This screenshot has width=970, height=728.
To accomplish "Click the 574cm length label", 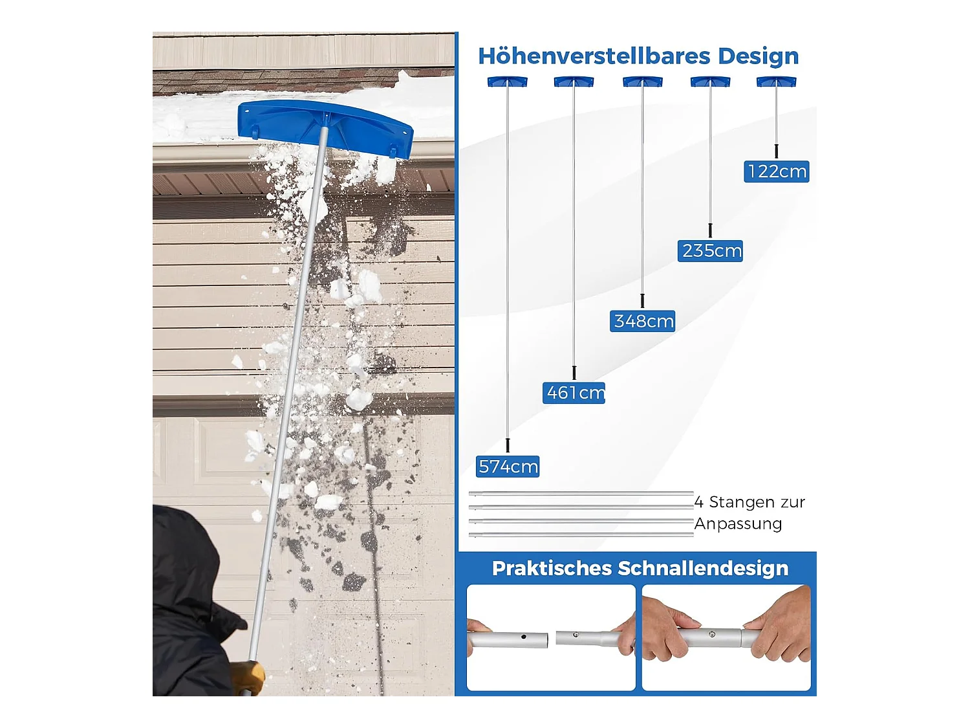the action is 508,467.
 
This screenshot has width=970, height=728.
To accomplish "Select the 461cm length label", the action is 574,393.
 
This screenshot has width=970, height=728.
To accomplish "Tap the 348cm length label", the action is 642,321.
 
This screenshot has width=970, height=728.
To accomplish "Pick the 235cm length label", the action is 710,251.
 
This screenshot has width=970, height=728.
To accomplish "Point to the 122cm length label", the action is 777,171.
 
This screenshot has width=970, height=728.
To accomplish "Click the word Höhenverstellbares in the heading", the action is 594,56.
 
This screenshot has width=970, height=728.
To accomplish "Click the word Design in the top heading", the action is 759,57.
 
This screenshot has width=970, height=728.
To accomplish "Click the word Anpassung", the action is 738,524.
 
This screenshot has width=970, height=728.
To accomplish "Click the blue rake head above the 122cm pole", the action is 777,82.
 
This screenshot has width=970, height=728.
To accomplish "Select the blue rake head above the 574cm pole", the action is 508,82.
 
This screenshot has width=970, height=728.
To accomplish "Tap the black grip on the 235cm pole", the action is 710,230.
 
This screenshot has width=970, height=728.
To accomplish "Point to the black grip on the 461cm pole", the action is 574,373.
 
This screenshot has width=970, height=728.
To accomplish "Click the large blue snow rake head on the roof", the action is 325,128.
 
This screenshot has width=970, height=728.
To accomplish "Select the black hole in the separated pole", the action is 524,637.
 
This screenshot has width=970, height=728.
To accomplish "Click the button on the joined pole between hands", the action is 711,634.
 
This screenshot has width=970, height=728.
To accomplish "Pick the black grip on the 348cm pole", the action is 642,300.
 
